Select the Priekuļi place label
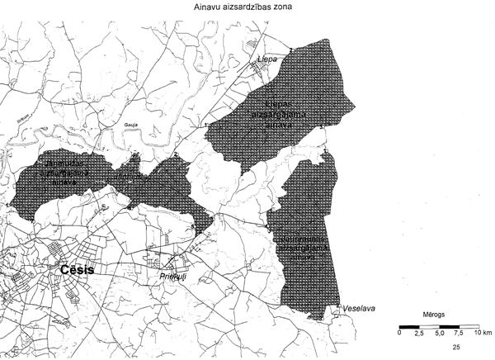point(174,277)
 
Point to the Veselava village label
point(360,309)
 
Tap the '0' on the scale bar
point(400,333)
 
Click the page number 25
point(468,349)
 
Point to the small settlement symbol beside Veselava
point(340,312)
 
